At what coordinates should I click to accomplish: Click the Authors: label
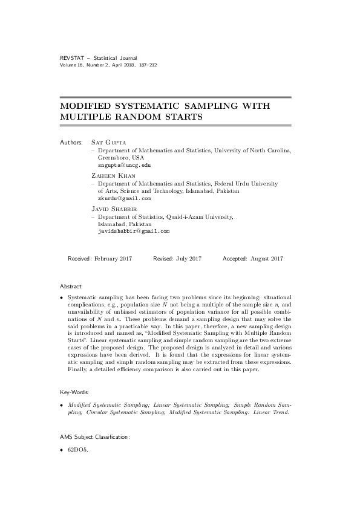71,142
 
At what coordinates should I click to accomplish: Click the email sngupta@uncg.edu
124,164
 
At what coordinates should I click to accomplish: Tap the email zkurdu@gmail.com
124,198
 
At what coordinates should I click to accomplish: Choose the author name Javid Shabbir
111,209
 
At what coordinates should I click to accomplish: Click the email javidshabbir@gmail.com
133,231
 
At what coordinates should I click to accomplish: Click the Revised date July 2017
188,259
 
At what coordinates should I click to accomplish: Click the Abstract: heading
71,286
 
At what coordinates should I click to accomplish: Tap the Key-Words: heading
74,392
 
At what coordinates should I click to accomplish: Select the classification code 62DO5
78,450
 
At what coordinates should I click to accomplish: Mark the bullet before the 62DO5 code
62,450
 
